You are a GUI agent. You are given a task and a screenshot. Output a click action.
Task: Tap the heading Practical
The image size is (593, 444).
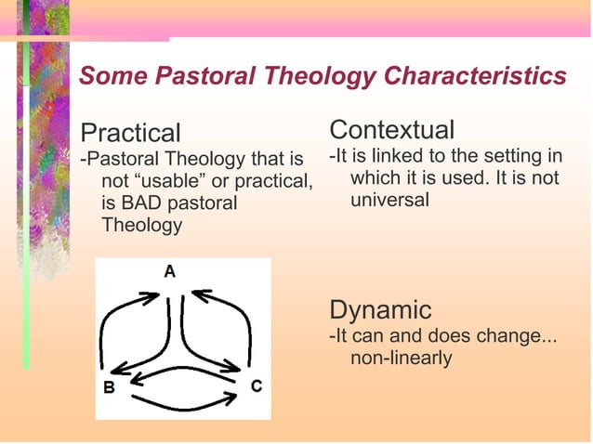point(131,133)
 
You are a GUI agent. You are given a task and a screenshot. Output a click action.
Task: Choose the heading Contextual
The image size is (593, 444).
point(392,129)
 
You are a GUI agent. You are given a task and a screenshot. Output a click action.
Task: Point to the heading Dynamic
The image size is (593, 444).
point(381,309)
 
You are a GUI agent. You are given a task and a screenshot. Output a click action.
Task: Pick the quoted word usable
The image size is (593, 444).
point(166,180)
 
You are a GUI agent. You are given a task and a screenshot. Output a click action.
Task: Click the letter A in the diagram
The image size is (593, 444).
point(170,271)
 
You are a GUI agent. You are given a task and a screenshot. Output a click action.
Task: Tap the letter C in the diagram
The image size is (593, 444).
point(256,385)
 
